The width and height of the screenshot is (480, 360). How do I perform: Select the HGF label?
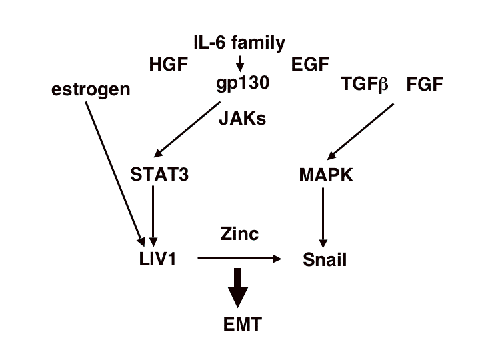[x=169, y=65]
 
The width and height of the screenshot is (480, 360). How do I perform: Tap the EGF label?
[x=310, y=65]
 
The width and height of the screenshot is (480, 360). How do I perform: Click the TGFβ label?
[x=364, y=85]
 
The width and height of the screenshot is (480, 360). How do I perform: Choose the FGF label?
[x=425, y=85]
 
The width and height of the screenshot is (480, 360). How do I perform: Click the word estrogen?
[x=91, y=89]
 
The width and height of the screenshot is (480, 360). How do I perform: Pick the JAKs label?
[x=243, y=119]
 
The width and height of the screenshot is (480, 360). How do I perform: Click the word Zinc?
[x=239, y=234]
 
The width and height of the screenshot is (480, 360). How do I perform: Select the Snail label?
[x=325, y=259]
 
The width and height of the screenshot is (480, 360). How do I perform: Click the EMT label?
[x=243, y=325]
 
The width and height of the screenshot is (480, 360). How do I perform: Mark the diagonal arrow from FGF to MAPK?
[x=363, y=129]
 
